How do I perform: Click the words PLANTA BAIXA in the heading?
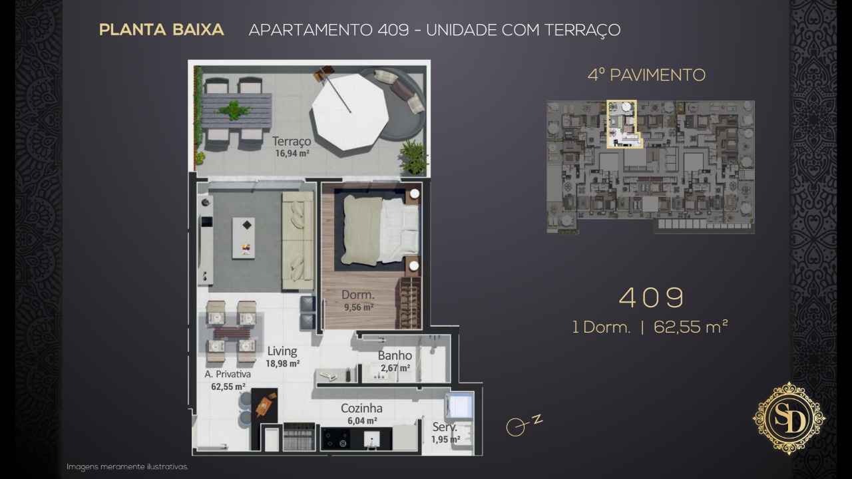coord(161,30)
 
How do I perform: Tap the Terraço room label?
coord(292,142)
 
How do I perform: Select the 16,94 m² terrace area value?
coord(292,154)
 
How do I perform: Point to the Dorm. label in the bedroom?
coord(358,295)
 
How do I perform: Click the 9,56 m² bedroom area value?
coord(359,307)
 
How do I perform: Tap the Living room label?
coord(282,351)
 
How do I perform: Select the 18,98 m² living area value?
coord(283,364)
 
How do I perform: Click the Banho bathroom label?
coord(395,356)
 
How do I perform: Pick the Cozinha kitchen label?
coord(361,408)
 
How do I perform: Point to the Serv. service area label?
coord(445,427)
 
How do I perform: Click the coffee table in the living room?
coord(244,238)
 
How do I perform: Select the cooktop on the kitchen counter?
coord(336,438)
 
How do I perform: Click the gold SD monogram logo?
coord(789,418)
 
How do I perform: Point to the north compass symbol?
coord(524,424)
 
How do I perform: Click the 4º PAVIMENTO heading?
coord(646,75)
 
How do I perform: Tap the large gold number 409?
coord(651,297)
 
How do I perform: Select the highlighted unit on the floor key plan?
coord(623,124)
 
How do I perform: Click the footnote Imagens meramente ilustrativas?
coord(127,467)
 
